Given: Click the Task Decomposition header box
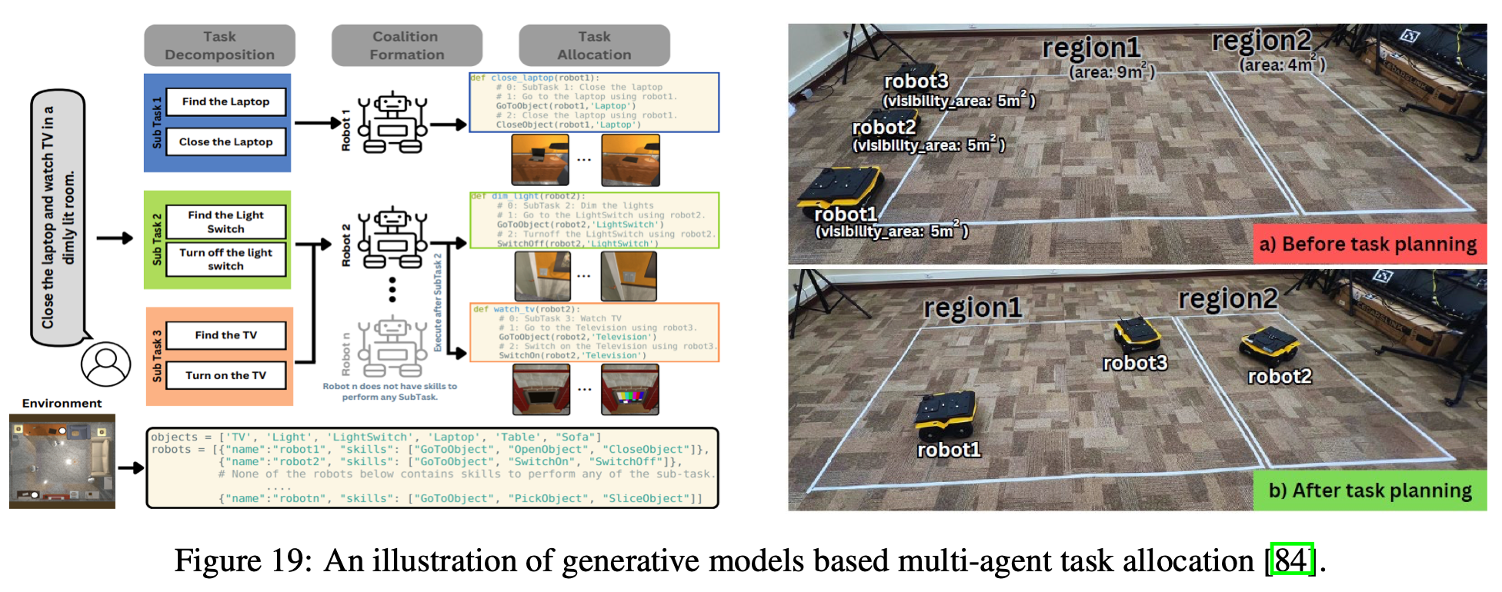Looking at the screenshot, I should coord(219,45).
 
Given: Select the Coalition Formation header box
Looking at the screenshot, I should coord(406,45).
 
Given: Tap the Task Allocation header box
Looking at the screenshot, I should coord(594,45).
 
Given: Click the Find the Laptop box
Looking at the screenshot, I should coord(225,101).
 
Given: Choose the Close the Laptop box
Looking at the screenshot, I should coord(225,141).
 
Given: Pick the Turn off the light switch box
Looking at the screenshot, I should coord(225,259).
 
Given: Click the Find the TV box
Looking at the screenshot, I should coord(225,335).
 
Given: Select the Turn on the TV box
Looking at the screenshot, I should coord(225,375).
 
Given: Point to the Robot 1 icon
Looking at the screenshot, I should coord(392,123).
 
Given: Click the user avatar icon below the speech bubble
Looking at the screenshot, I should coord(105,364).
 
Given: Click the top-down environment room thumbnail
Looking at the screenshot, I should coord(62,461).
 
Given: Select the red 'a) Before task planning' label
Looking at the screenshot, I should coord(1370,244).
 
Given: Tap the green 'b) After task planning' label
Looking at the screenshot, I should coord(1370,491).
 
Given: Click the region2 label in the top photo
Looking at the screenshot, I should coord(1261,40).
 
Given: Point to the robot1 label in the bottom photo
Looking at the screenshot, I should coord(949,450).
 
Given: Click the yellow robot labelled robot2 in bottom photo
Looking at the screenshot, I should coord(1270,345).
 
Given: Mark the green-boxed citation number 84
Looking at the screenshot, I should coord(1291,560).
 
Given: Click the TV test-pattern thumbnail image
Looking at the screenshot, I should coord(630,390).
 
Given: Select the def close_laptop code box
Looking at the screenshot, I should coord(594,102).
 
